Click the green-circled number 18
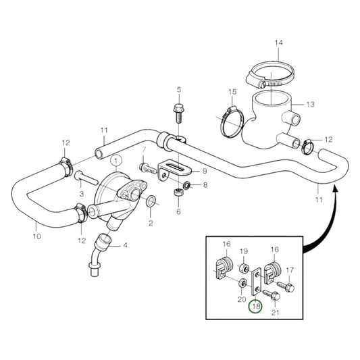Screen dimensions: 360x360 pos(256,307)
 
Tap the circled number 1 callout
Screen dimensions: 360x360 pos(116,161)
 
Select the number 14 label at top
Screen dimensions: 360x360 pos(278,43)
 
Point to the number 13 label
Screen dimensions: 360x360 pos(311,105)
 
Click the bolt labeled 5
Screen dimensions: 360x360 pos(178,113)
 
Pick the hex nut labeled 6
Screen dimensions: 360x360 pos(178,192)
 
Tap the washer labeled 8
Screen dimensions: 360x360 pos(186,185)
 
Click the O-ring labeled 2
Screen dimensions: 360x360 pos(151,200)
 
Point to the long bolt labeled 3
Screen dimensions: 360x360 pos(86,178)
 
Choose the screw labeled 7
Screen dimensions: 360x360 pos(149,168)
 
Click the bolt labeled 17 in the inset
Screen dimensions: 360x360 pos(286,286)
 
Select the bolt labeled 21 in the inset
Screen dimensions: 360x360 pos(272,294)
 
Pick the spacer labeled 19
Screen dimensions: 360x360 pos(243,268)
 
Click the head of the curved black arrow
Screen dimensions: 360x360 pos(336,188)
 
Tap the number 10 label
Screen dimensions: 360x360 pos(37,236)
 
